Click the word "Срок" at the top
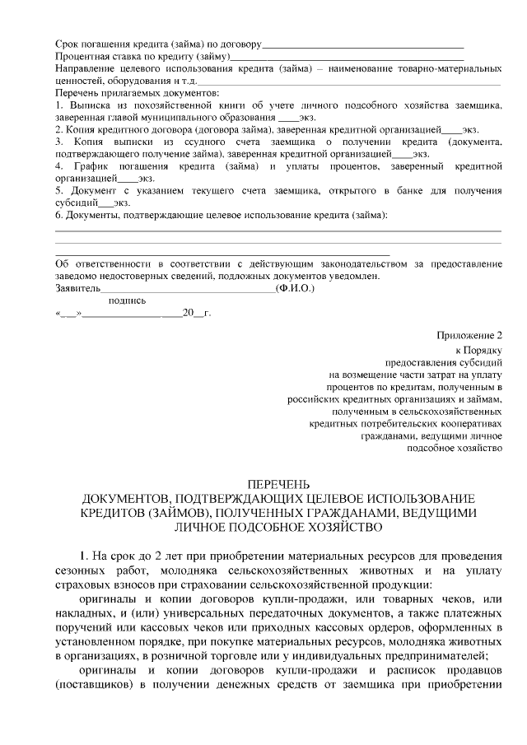coord(68,43)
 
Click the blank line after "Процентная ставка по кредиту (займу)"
coord(346,56)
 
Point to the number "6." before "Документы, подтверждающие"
coord(59,216)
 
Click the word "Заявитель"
coord(77,288)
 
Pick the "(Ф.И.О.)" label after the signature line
coord(295,288)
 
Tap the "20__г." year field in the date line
coord(196,314)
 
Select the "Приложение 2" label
coord(469,335)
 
